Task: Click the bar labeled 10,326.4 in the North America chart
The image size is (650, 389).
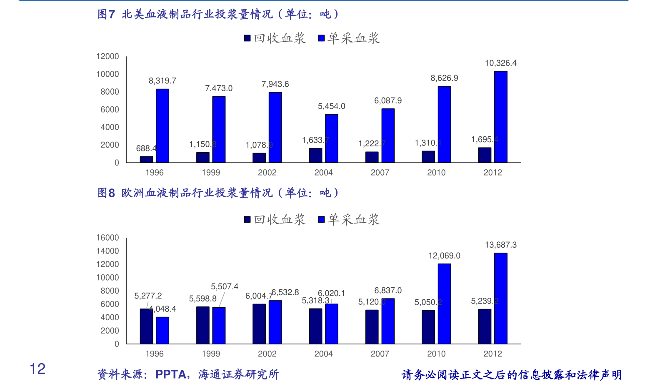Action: coord(500,117)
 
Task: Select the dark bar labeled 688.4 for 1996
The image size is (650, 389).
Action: coord(146,159)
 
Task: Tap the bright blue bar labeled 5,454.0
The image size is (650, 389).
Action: coord(331,138)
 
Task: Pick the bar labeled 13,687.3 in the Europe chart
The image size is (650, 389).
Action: coord(500,298)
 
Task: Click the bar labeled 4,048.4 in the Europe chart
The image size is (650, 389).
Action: coord(162,330)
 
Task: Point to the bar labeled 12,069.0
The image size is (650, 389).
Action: coord(444,304)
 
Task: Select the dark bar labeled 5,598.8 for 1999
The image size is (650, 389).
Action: coord(202,325)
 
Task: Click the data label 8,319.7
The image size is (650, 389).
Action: coord(162,81)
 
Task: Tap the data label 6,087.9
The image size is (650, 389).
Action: coord(387,100)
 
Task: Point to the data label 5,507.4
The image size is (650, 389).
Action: coord(224,286)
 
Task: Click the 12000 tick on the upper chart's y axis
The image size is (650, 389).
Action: coord(107,56)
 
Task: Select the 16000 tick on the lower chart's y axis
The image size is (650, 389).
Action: coord(107,238)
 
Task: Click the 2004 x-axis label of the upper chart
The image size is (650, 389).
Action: coord(323,173)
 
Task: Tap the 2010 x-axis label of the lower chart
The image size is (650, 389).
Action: coord(436,354)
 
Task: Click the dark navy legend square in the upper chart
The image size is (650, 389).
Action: coord(247,38)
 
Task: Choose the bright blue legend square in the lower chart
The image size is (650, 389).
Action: coord(321,219)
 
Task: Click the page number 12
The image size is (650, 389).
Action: coord(37,369)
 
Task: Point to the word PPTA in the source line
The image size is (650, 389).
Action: coord(170,374)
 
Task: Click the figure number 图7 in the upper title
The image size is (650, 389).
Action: coord(106,15)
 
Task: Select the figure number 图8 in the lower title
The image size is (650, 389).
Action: coord(106,193)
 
